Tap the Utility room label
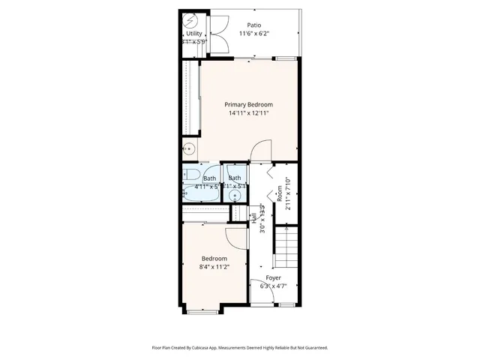(193, 34)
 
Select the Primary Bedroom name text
(249, 104)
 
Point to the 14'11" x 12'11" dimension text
(249, 113)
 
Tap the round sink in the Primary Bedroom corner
(190, 148)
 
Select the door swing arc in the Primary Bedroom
(260, 151)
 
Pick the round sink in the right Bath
(235, 196)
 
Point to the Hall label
(254, 217)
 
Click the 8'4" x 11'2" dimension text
(214, 266)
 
